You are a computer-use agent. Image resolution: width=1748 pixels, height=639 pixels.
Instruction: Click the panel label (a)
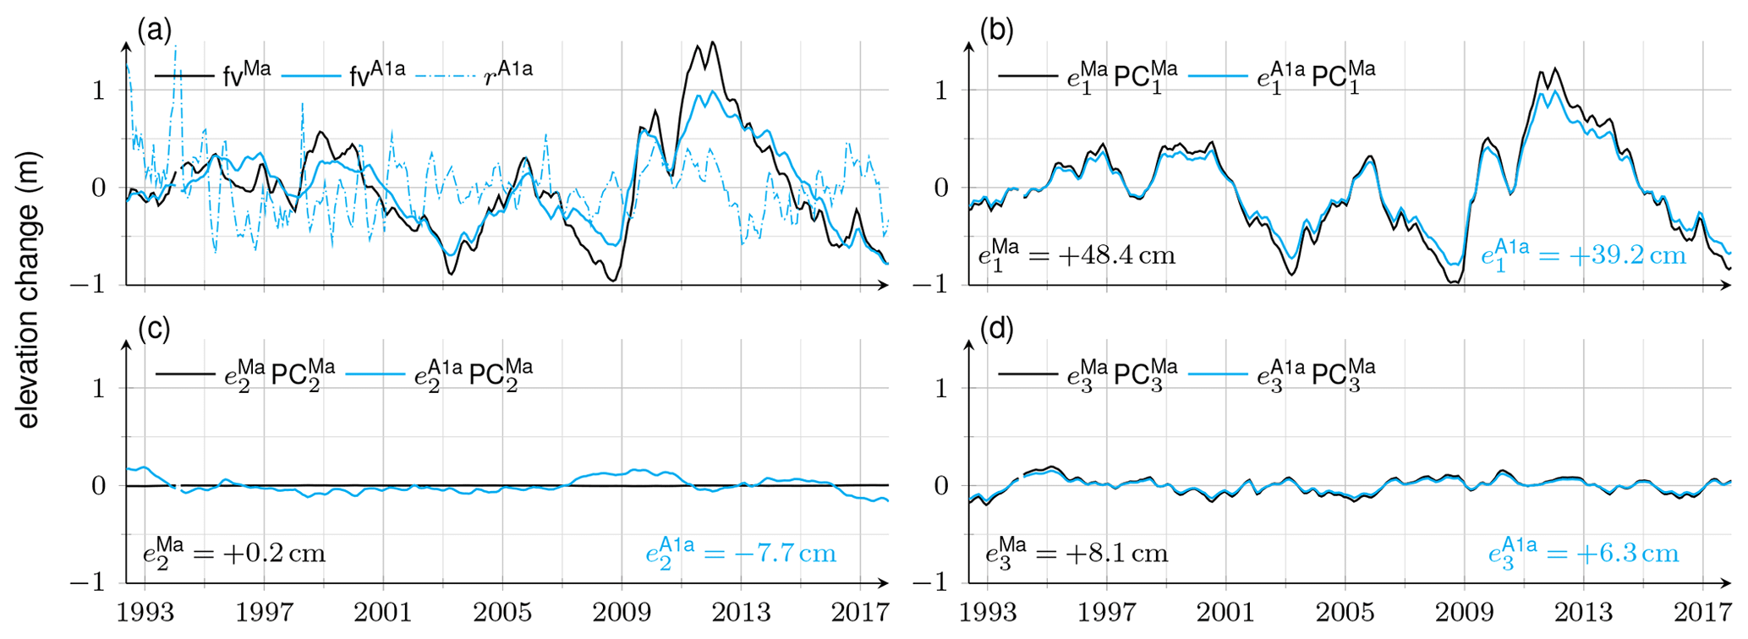click(x=154, y=31)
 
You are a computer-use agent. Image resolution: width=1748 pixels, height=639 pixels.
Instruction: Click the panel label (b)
click(x=996, y=31)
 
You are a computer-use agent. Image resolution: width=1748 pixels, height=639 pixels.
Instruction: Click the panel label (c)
click(x=154, y=330)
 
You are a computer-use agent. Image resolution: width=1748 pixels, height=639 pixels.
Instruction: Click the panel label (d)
click(x=996, y=330)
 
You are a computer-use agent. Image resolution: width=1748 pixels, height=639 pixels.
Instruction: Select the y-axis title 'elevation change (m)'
click(x=28, y=290)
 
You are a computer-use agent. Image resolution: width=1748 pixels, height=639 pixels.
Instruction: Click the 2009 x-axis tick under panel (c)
click(x=622, y=611)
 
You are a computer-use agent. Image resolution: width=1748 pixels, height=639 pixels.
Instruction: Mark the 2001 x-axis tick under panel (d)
click(x=1226, y=611)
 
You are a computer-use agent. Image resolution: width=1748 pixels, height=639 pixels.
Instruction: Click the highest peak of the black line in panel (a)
click(x=713, y=42)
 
